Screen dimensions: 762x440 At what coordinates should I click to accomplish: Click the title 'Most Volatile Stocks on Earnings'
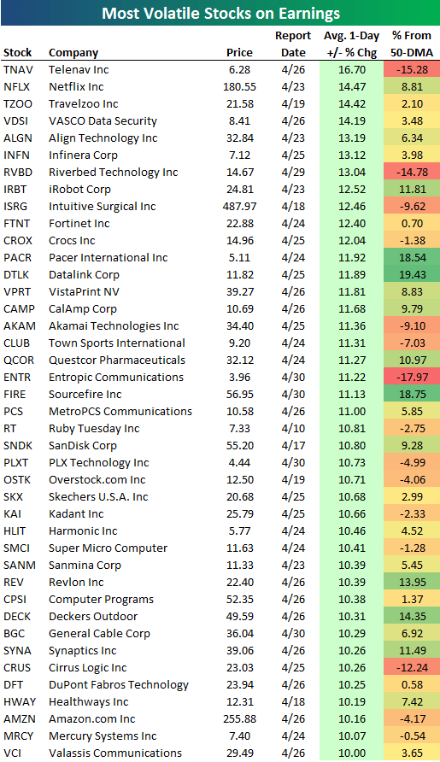[220, 13]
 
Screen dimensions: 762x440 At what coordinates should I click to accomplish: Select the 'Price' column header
[239, 52]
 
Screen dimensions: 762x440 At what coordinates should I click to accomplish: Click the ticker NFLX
[17, 86]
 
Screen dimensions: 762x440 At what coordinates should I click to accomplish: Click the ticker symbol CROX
[19, 240]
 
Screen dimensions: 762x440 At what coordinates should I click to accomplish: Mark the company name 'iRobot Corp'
[79, 189]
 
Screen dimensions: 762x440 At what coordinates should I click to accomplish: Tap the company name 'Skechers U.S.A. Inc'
[98, 496]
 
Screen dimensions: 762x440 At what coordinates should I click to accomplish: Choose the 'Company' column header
[73, 52]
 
